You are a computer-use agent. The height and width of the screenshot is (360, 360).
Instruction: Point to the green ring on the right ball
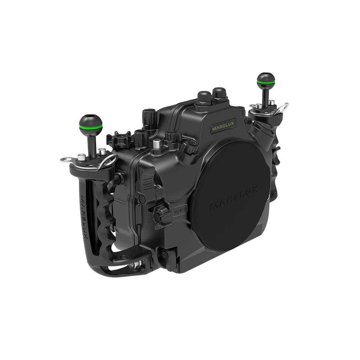point(266,83)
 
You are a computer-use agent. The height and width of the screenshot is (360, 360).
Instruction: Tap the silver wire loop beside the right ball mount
point(282,108)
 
